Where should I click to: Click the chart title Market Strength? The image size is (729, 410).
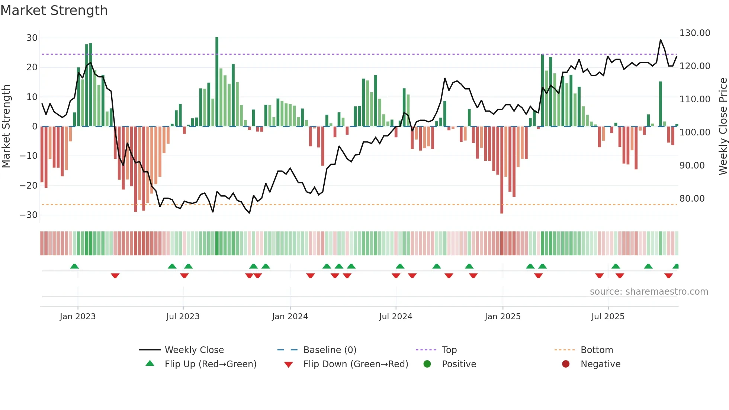coord(54,10)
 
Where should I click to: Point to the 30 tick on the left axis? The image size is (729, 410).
coord(32,38)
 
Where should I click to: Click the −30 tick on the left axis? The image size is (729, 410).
coord(29,215)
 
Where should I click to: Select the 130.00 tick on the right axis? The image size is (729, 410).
coord(694,33)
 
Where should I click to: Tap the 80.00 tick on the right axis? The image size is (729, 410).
coord(692,199)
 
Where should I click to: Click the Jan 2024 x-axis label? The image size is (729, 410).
coord(290,317)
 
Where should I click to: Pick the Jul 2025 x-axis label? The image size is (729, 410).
coord(608,317)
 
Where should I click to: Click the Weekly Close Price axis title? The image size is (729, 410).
coord(723,126)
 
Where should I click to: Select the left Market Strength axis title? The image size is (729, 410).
coord(6,126)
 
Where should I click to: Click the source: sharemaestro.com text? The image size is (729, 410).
coord(649,292)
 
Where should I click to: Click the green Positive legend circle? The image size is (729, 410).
coord(427,364)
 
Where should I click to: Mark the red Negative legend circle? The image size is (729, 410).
coord(566,364)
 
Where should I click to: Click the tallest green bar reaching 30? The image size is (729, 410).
coord(217,82)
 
